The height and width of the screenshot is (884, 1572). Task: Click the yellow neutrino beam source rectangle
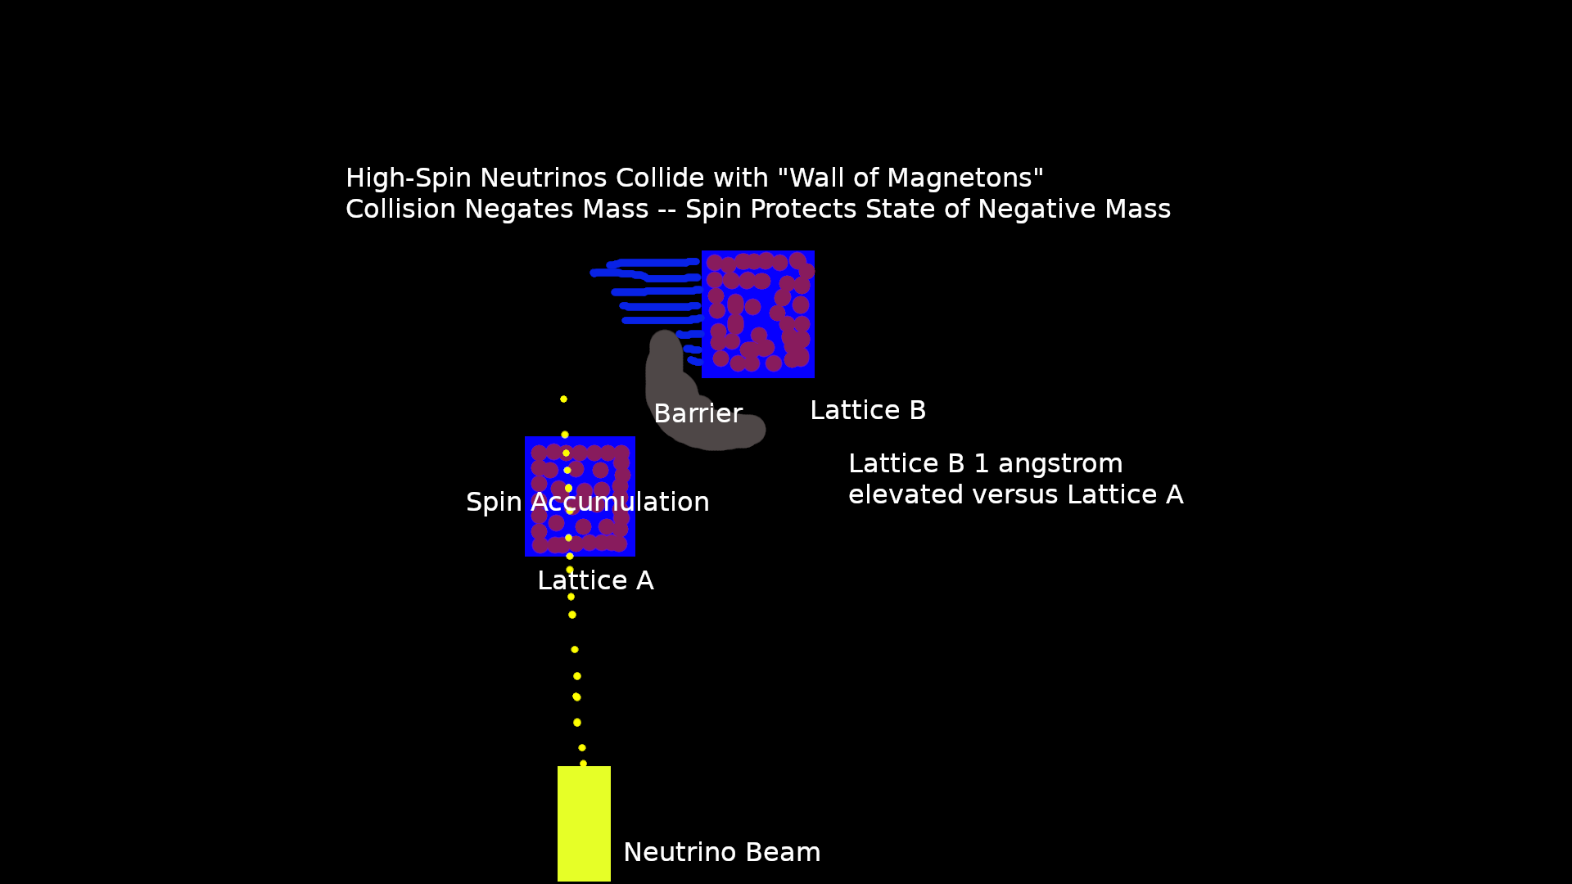tap(584, 823)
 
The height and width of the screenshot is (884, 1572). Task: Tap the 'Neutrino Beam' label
tap(721, 853)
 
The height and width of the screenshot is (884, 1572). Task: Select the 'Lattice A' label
tap(595, 581)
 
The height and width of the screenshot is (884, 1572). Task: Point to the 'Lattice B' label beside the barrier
tap(868, 411)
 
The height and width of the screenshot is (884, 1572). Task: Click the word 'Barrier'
tap(698, 414)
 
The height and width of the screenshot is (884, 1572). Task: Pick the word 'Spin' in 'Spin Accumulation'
tap(494, 503)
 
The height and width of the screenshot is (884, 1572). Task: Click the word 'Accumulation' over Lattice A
tap(620, 503)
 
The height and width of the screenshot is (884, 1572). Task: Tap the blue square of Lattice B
tap(758, 314)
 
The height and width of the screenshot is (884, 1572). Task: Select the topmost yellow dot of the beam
tap(563, 399)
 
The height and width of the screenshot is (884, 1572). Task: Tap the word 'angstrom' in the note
tap(1060, 464)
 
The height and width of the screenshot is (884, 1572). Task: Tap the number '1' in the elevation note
tap(981, 464)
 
